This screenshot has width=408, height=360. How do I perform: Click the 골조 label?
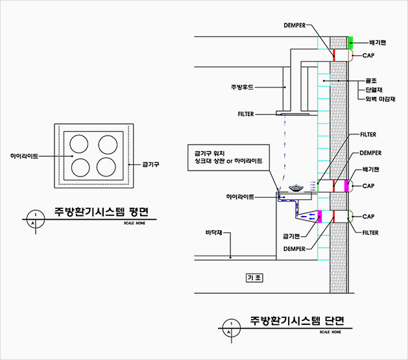pos(371,80)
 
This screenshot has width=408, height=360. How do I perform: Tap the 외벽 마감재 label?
pos(381,99)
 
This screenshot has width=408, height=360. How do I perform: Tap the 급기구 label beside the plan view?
pos(150,165)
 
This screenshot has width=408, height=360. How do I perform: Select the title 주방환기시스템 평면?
pos(101,212)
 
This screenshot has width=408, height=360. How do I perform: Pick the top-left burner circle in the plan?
pos(81,144)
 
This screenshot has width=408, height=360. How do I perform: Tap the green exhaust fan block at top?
pos(350,42)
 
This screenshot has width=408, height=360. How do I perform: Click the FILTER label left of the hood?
pos(246,114)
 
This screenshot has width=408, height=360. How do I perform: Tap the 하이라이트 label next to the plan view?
pos(24,156)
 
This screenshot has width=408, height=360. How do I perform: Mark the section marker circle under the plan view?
pos(34,217)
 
